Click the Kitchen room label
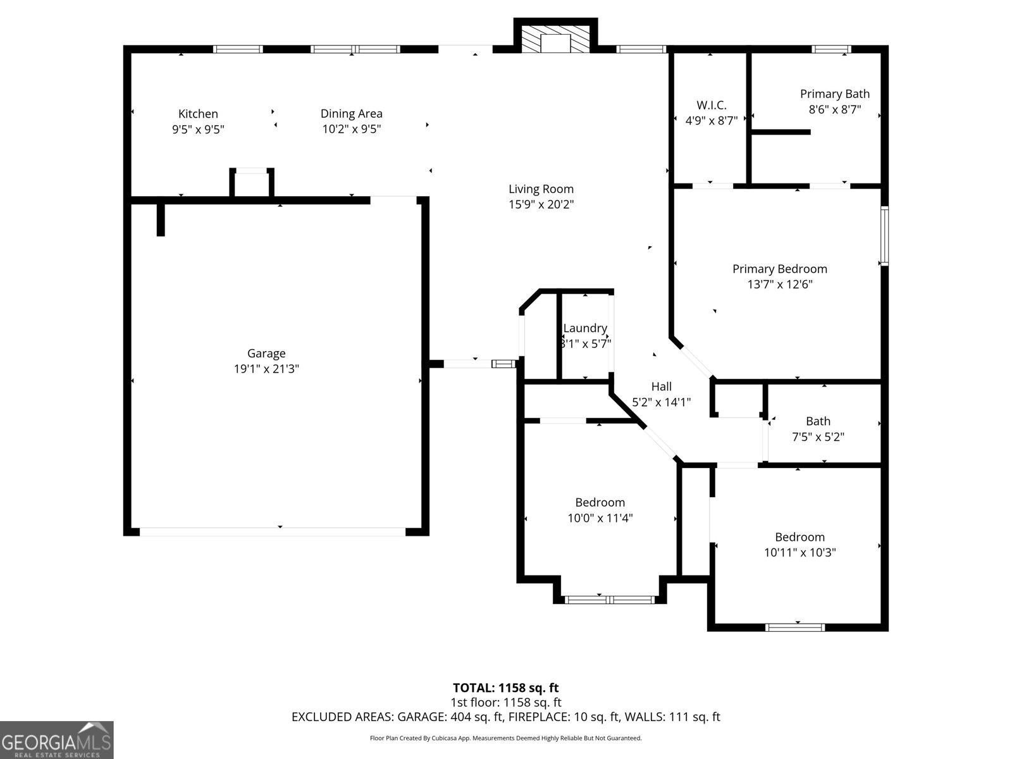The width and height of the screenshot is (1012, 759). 198,114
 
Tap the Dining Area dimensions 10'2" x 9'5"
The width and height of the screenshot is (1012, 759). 351,129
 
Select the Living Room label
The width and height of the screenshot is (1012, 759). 541,188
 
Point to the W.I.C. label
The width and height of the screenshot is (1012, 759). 712,105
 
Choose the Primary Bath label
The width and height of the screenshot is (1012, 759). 834,94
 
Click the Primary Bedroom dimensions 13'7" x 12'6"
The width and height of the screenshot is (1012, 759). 779,285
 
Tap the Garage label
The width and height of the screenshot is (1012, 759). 266,354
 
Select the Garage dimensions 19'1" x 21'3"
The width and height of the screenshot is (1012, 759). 266,369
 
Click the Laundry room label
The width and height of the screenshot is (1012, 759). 585,328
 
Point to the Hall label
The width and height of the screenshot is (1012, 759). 662,386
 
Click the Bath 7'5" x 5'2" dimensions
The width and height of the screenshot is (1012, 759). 818,436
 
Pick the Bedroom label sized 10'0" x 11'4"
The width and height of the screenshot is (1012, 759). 600,502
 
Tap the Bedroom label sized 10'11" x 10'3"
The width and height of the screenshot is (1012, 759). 799,537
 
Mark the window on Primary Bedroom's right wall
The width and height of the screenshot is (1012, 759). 884,235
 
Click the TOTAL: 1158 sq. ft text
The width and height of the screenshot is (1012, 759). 505,688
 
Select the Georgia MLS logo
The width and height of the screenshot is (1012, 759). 57,739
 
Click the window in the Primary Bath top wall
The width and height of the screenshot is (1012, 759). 831,49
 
